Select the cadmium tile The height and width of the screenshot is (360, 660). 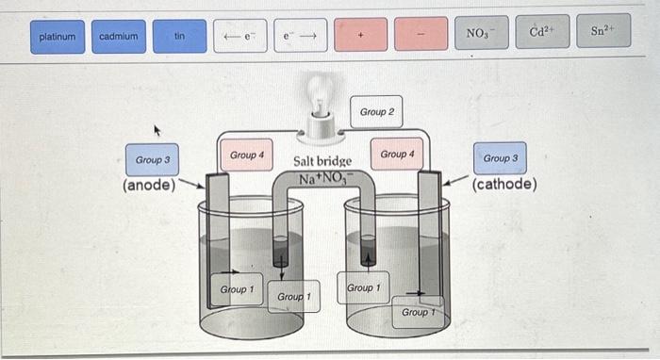pos(119,36)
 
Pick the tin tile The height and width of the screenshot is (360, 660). pos(179,36)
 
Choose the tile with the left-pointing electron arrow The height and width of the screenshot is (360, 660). pos(239,36)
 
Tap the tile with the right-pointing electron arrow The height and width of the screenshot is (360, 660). pos(300,36)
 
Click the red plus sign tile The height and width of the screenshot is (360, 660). pos(360,35)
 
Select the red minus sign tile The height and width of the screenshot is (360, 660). pos(421,35)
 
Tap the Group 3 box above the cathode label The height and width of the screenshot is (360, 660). pos(500,157)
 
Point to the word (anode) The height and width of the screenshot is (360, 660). pos(149,186)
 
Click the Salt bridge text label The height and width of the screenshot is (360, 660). pos(322,161)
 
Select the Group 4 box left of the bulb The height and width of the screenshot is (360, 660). pos(246,154)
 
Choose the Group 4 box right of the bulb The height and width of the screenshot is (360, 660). pos(397,153)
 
